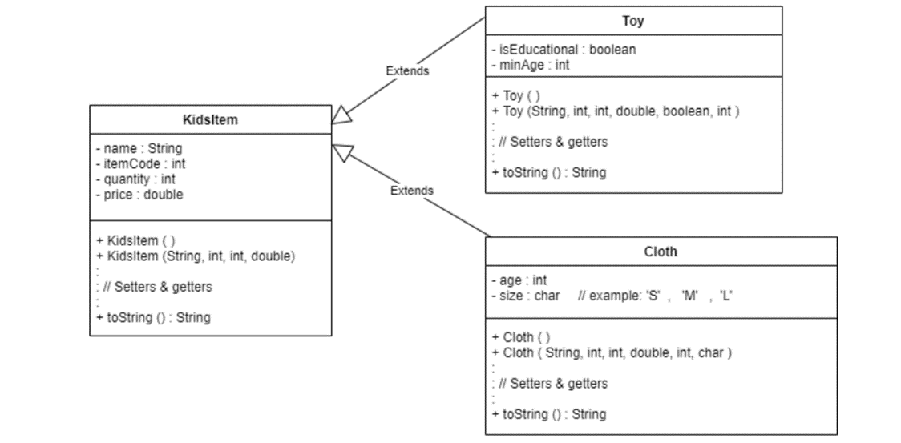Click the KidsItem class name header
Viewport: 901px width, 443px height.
click(210, 120)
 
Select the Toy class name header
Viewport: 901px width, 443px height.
click(632, 21)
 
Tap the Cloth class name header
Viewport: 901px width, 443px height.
click(661, 251)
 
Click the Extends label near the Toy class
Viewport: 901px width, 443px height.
click(407, 70)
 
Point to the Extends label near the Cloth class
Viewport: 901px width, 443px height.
click(411, 191)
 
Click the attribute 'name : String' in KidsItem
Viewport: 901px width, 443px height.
click(139, 148)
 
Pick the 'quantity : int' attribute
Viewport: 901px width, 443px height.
click(135, 179)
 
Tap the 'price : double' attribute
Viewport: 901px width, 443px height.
click(139, 195)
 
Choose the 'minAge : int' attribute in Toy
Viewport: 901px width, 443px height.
click(530, 65)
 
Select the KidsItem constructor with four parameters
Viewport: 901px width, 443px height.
click(196, 256)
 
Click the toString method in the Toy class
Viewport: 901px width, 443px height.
click(548, 172)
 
